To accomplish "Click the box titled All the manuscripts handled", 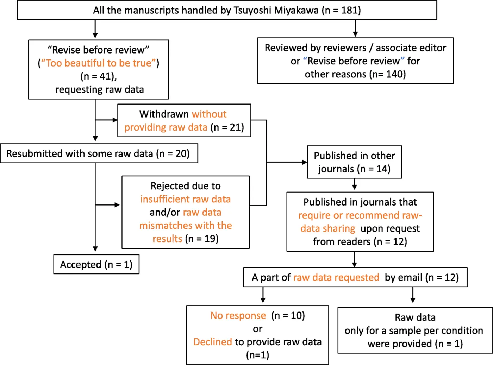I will click(227, 10).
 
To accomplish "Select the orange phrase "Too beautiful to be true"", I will click(99, 63).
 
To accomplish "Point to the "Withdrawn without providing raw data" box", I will click(184, 120).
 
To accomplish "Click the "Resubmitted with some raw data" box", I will click(99, 153).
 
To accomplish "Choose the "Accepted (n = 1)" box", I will click(96, 264).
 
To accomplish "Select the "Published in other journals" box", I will click(354, 162).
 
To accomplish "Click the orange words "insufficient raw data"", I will click(185, 199).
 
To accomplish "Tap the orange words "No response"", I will click(238, 316).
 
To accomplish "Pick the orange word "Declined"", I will click(213, 342).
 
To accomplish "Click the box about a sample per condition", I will click(415, 331).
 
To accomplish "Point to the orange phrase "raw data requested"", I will click(336, 278).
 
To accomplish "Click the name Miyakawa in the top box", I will click(296, 10).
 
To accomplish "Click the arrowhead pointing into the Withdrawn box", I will click(115, 120).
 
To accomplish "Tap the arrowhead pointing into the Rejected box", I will click(117, 205).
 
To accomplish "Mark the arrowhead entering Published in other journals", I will click(305, 162).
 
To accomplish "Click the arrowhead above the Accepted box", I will click(95, 249).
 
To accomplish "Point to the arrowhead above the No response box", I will click(263, 300).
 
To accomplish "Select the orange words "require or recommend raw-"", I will click(360, 215).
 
